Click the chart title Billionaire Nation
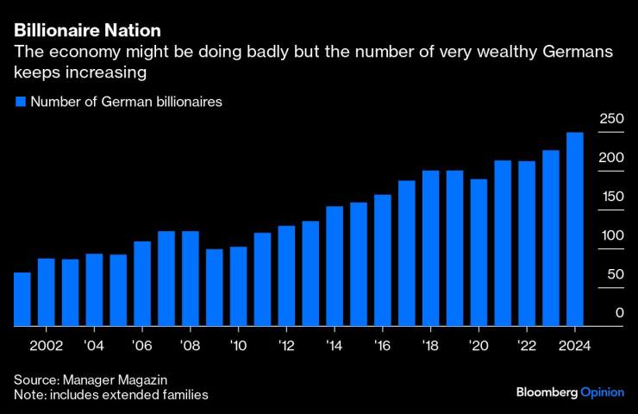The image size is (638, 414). tap(87, 30)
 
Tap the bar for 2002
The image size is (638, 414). tap(46, 292)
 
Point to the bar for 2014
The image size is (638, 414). tap(335, 267)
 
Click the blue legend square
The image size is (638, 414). tap(21, 102)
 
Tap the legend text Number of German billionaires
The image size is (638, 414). tap(127, 102)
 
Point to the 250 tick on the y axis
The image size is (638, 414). tap(612, 119)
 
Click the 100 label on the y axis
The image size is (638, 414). tap(612, 235)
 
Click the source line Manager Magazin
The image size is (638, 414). tap(91, 380)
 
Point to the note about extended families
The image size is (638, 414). tap(111, 395)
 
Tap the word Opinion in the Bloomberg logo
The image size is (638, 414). tap(602, 392)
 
